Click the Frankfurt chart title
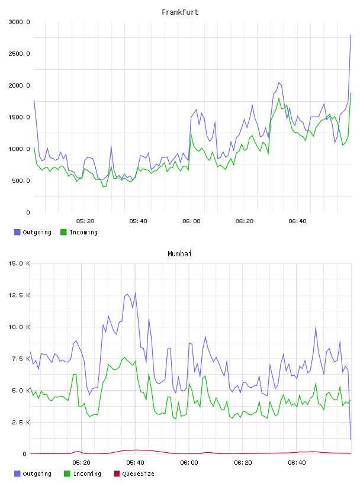(x=180, y=12)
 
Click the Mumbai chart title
(x=179, y=254)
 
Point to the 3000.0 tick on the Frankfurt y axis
(x=19, y=22)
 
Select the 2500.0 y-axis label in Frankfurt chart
(x=19, y=54)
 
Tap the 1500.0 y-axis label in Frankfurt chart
(x=19, y=117)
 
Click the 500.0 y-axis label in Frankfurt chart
(x=21, y=181)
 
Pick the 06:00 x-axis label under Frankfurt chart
(x=191, y=221)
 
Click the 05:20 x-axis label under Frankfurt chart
(x=85, y=221)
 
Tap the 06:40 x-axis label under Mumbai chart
(x=297, y=463)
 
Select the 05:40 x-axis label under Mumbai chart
(x=135, y=463)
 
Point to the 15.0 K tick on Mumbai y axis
(x=19, y=263)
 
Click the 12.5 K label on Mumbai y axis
(x=19, y=295)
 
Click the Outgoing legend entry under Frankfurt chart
(x=33, y=232)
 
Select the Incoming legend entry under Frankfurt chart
(x=79, y=232)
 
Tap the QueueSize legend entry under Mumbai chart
(x=134, y=474)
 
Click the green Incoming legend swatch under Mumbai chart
(x=67, y=474)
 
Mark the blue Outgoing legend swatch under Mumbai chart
(x=17, y=474)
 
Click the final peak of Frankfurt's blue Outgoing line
(x=351, y=35)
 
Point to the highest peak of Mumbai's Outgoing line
(x=136, y=293)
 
